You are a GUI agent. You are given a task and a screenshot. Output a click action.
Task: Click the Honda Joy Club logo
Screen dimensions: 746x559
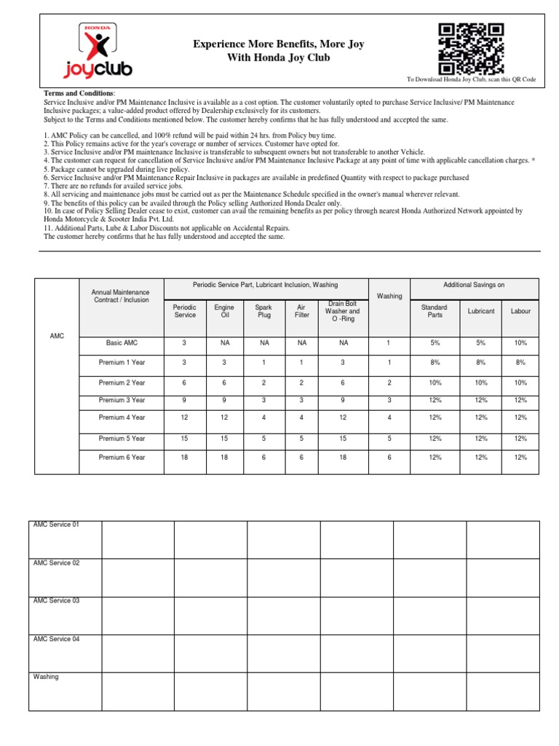96,50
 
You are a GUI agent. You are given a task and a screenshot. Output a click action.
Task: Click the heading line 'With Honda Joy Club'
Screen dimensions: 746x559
279,58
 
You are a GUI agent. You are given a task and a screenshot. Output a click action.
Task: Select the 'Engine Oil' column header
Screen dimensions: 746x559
224,311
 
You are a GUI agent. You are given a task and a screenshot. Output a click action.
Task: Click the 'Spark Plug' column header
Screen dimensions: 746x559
264,311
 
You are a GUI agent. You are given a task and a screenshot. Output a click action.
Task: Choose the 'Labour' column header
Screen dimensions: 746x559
520,311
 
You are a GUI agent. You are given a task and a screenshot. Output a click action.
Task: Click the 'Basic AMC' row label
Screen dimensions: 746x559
122,342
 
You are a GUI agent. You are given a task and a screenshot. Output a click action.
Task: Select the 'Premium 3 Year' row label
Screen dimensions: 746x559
122,400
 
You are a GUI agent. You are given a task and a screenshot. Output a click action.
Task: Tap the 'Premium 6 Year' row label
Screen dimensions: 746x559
122,458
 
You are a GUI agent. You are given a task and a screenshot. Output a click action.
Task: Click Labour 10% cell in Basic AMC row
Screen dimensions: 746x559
520,342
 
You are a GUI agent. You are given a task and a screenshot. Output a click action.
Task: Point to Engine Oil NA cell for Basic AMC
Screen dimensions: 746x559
224,342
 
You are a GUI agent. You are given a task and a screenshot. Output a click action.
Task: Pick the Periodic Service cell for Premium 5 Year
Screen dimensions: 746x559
184,439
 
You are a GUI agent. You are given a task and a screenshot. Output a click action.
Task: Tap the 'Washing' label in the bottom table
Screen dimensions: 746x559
45,677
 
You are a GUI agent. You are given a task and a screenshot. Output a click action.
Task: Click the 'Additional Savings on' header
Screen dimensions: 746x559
474,284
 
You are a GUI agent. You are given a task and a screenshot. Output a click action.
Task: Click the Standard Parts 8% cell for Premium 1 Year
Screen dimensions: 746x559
435,362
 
